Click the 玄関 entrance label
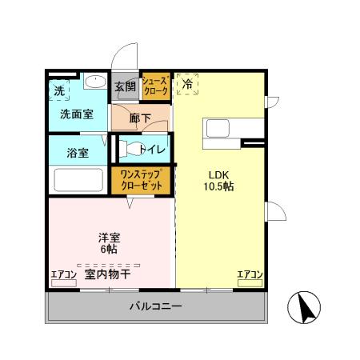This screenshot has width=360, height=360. [x=125, y=86]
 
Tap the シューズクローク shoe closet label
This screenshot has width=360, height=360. [x=155, y=86]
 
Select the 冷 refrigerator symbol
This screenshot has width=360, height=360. [x=187, y=84]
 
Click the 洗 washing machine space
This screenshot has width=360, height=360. [x=59, y=90]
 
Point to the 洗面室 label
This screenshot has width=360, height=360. [x=76, y=114]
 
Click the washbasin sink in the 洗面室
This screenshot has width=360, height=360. [x=95, y=82]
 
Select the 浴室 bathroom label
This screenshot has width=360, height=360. [x=66, y=151]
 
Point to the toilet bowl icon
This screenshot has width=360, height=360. [x=129, y=149]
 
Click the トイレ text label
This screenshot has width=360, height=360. [x=152, y=149]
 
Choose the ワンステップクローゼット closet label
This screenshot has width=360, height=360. [x=142, y=178]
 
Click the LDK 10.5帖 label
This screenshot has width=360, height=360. [x=218, y=180]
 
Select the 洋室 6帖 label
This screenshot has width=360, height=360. [x=109, y=243]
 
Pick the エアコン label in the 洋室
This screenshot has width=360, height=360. [x=63, y=274]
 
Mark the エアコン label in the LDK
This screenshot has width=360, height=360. [x=249, y=274]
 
